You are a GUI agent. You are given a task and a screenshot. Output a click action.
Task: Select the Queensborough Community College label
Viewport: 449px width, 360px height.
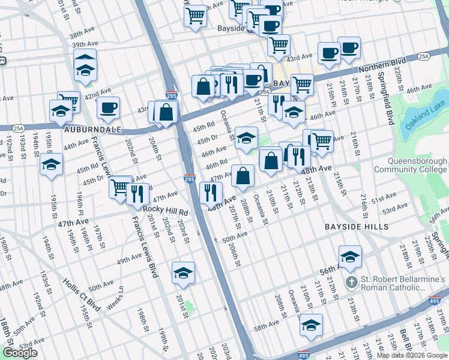(409, 166)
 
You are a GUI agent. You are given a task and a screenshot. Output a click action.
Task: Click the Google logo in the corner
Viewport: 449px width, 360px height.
(20, 353)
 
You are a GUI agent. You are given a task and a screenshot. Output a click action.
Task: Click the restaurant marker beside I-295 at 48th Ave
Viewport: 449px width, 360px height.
(210, 191)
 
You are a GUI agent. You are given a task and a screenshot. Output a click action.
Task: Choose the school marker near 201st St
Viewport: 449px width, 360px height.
(183, 273)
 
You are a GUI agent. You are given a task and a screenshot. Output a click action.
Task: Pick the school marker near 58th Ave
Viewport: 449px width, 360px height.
(310, 325)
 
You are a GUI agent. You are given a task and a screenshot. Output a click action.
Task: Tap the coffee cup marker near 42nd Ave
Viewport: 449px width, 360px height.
(108, 108)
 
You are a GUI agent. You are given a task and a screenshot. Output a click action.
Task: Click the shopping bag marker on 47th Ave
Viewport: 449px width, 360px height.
(243, 176)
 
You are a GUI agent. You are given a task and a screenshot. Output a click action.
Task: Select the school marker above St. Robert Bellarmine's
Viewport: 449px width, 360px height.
(350, 256)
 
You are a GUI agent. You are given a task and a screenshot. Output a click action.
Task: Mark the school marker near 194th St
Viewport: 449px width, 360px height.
(52, 164)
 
